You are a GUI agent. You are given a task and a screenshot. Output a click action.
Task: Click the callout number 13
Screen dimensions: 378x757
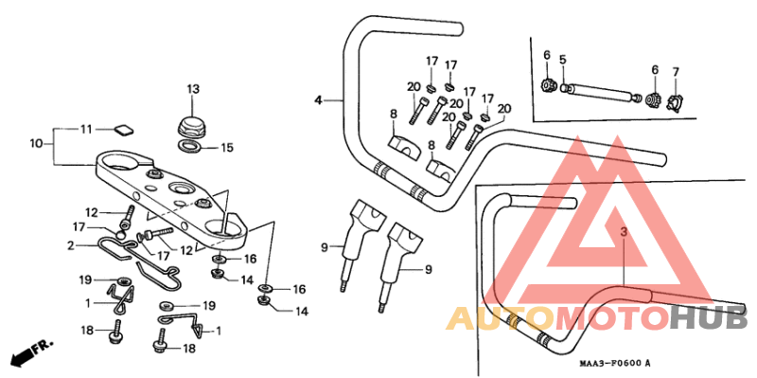(x=193, y=89)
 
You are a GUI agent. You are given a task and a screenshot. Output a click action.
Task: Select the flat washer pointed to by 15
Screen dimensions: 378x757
(x=189, y=147)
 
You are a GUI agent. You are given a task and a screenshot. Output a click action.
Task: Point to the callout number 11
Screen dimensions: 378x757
(x=86, y=128)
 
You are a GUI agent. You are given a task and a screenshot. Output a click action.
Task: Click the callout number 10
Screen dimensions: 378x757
(x=36, y=144)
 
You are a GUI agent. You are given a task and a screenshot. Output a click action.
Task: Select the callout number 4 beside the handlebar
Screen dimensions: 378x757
(x=319, y=99)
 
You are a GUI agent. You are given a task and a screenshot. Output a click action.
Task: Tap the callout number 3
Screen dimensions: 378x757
(x=624, y=231)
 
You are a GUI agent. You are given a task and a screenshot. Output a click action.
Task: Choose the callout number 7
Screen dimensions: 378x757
(x=676, y=72)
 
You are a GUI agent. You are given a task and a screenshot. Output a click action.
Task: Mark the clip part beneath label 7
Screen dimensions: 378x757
(x=676, y=100)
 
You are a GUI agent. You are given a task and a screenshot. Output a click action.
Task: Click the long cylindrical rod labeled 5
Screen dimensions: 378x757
(x=604, y=93)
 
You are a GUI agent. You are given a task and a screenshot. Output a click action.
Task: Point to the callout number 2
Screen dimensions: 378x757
(x=70, y=244)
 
